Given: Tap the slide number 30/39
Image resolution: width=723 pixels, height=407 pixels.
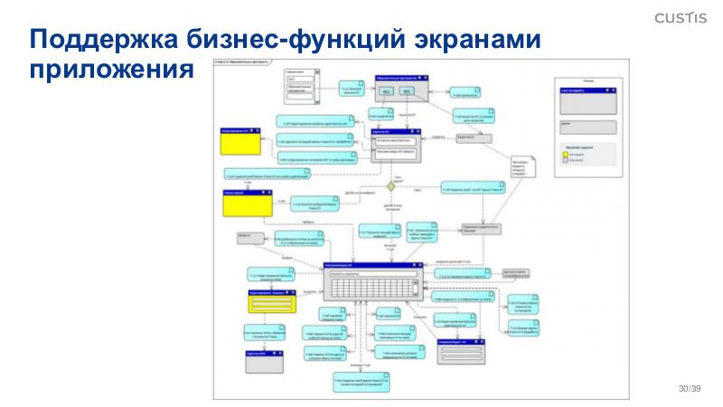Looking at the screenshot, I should point(690,388).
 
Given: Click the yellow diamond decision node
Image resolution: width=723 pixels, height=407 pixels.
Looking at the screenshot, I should point(392,185).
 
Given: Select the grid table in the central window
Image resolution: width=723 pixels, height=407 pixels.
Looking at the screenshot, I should point(372,289).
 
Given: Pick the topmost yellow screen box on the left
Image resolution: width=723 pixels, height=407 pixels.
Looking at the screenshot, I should point(241,142).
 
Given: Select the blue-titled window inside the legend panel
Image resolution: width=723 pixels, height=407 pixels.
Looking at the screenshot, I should point(587,99).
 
